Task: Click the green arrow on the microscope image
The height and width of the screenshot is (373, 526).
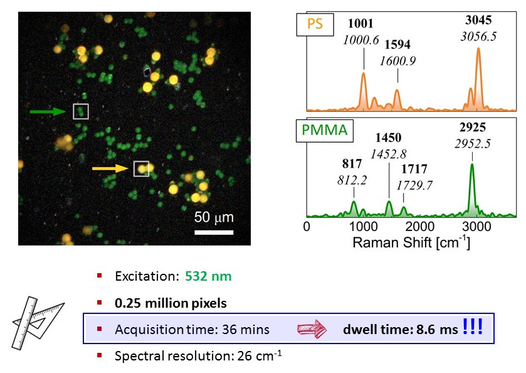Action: coord(48,112)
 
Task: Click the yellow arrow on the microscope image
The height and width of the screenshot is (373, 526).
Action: coord(111,168)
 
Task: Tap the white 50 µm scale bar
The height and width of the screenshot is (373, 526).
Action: coord(213,232)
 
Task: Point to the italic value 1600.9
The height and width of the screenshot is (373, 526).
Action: coord(397,61)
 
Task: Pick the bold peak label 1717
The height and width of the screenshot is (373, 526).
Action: coord(413,168)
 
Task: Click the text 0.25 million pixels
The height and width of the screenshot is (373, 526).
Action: coord(171,303)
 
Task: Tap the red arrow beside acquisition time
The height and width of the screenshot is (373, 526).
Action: coord(312,328)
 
